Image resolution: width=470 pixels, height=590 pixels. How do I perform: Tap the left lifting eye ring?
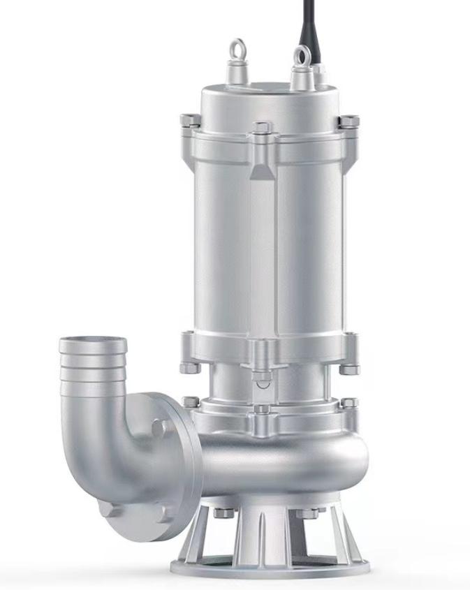(238, 50)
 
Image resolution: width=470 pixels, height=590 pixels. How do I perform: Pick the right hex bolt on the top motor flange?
(348, 121)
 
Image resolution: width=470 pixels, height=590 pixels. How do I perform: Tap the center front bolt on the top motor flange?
(263, 128)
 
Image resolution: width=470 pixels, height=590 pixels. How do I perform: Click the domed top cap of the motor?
(269, 98)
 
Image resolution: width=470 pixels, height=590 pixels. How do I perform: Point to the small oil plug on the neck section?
(262, 378)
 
